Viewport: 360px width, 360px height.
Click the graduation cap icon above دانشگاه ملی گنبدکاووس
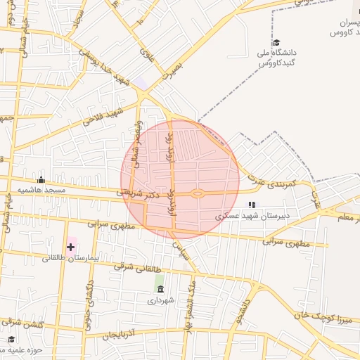[276, 43]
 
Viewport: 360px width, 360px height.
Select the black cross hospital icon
[70, 247]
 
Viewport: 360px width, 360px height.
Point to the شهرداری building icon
[160, 289]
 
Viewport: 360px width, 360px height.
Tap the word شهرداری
[160, 300]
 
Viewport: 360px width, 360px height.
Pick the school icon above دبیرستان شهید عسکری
[251, 205]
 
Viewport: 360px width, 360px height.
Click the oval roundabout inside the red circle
[198, 193]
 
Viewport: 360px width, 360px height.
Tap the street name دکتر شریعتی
[136, 192]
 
